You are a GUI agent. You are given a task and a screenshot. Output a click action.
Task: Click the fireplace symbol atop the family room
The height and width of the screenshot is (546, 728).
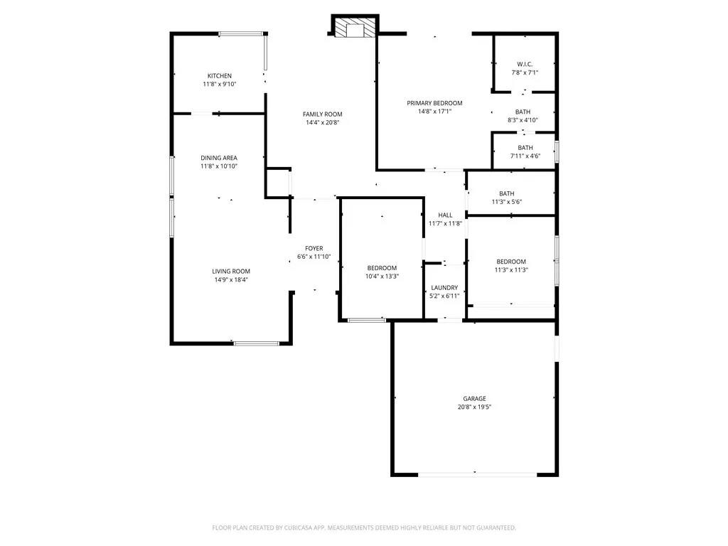pyautogui.click(x=351, y=28)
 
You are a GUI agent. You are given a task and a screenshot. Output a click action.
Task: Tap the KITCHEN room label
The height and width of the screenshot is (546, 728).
pyautogui.click(x=219, y=76)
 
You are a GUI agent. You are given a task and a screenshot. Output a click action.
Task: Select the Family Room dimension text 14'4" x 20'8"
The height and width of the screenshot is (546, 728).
pyautogui.click(x=322, y=123)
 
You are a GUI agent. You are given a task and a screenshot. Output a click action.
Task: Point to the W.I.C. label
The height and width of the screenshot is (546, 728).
pyautogui.click(x=525, y=64)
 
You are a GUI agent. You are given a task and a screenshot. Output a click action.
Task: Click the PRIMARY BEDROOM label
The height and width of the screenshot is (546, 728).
pyautogui.click(x=434, y=103)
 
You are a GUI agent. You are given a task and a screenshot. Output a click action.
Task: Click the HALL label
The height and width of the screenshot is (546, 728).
pyautogui.click(x=445, y=215)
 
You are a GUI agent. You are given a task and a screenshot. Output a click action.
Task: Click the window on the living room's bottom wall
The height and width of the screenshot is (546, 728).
pyautogui.click(x=256, y=344)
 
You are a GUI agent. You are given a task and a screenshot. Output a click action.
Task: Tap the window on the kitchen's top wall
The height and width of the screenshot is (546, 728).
pyautogui.click(x=241, y=33)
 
